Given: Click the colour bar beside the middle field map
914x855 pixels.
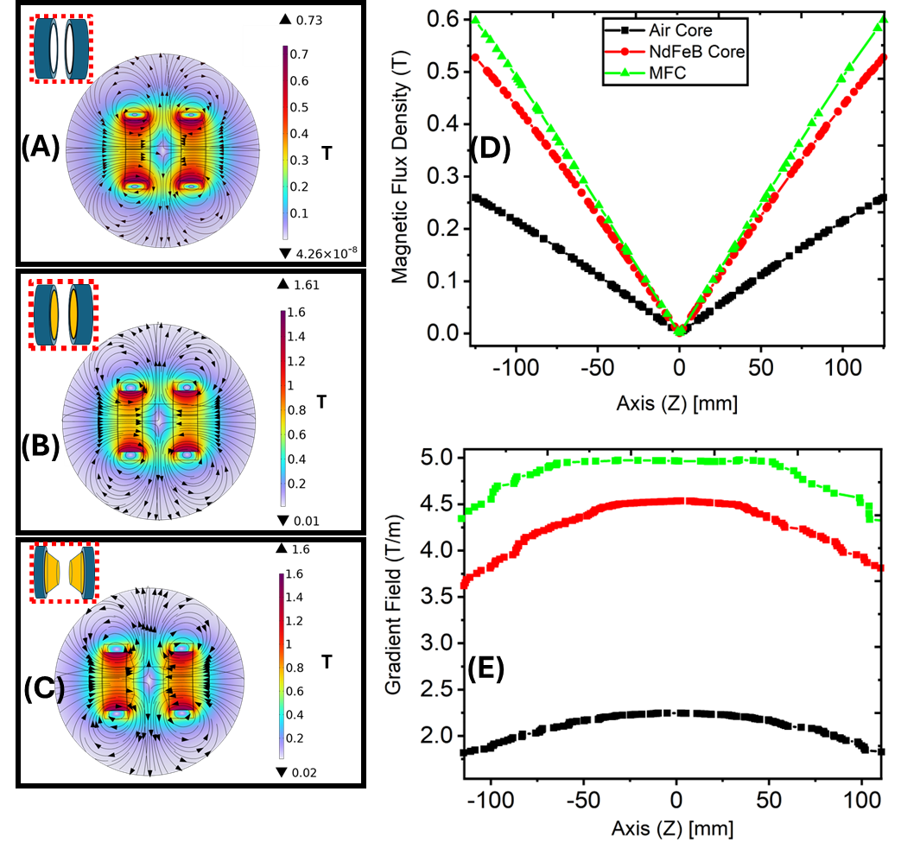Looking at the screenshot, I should point(283,408).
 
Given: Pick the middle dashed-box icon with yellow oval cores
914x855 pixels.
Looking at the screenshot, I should point(63,313).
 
